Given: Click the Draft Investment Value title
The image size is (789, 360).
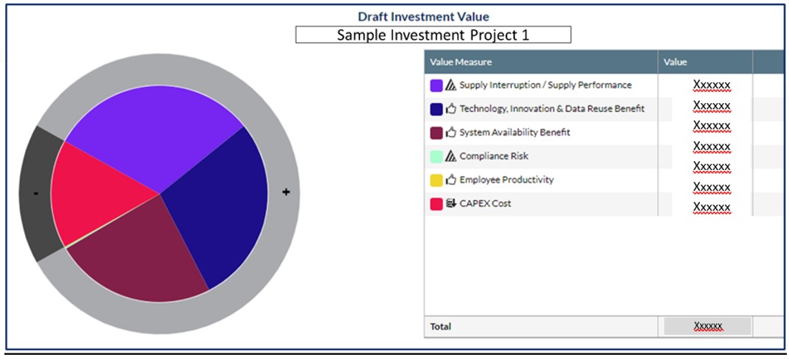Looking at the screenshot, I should point(423,16).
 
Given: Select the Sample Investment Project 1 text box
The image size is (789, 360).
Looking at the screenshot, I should point(433,35).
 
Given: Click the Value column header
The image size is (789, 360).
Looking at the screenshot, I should point(675,62).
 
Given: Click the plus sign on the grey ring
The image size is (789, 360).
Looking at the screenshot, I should point(286,192).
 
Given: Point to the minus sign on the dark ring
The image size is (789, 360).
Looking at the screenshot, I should point(35,193).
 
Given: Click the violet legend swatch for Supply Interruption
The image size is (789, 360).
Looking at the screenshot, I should point(436,85).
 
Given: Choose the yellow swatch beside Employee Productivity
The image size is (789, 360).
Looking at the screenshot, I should point(436,180).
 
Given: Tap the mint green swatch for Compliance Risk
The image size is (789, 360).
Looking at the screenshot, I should point(436,157).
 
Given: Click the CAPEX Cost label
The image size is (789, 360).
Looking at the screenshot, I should point(485,204).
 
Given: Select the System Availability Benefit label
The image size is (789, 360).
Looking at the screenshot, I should point(514,133).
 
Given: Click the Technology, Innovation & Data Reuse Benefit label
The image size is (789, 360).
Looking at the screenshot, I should point(551,109).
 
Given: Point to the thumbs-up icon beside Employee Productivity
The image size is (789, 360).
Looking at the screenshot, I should point(451,180).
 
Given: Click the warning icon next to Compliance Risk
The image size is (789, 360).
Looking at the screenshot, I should point(451,156).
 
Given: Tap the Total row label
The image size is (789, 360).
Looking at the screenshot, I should point(441,326).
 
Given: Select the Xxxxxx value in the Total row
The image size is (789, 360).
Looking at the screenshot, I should point(707,326).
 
